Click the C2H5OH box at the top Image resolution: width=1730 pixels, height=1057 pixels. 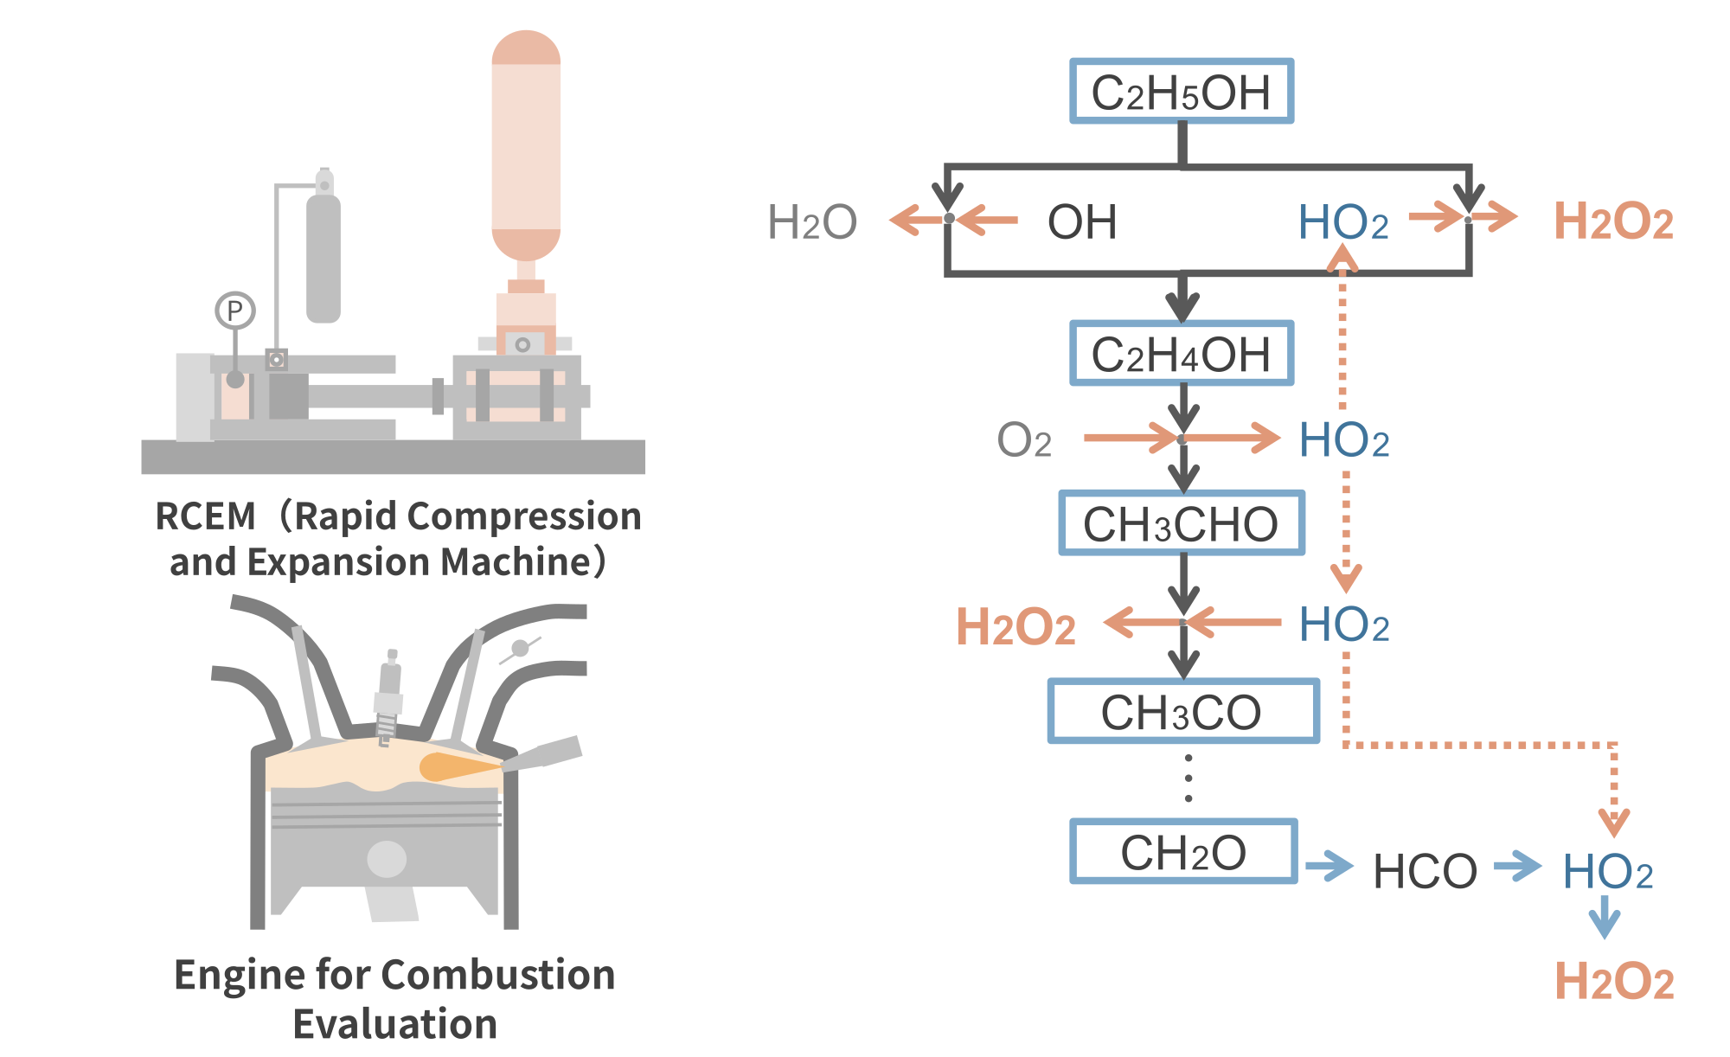tap(1181, 92)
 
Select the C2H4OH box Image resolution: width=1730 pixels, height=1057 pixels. tap(1181, 354)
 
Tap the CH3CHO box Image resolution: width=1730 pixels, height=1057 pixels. tap(1181, 523)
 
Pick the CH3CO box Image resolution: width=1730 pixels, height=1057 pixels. tap(1182, 712)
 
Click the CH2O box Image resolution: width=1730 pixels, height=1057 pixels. tap(1182, 852)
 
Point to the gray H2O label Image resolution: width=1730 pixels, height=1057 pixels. tap(811, 222)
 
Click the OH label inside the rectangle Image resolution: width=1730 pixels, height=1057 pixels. tap(1082, 222)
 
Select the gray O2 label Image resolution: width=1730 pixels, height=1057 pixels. tap(1024, 440)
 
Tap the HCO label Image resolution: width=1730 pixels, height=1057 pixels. tap(1425, 871)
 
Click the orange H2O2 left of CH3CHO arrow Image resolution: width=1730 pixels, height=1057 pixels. tap(1016, 626)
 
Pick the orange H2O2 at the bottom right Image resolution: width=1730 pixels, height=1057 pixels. tap(1614, 982)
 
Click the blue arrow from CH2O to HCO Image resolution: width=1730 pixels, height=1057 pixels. tap(1330, 865)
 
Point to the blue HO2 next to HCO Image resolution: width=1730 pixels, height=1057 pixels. tap(1607, 871)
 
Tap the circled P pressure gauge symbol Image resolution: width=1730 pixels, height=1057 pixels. tap(234, 311)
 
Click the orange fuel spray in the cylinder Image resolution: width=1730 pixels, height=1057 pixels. tap(454, 767)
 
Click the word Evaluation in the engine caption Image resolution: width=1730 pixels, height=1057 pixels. tap(394, 1024)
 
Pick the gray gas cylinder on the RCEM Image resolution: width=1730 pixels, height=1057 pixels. tap(324, 258)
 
